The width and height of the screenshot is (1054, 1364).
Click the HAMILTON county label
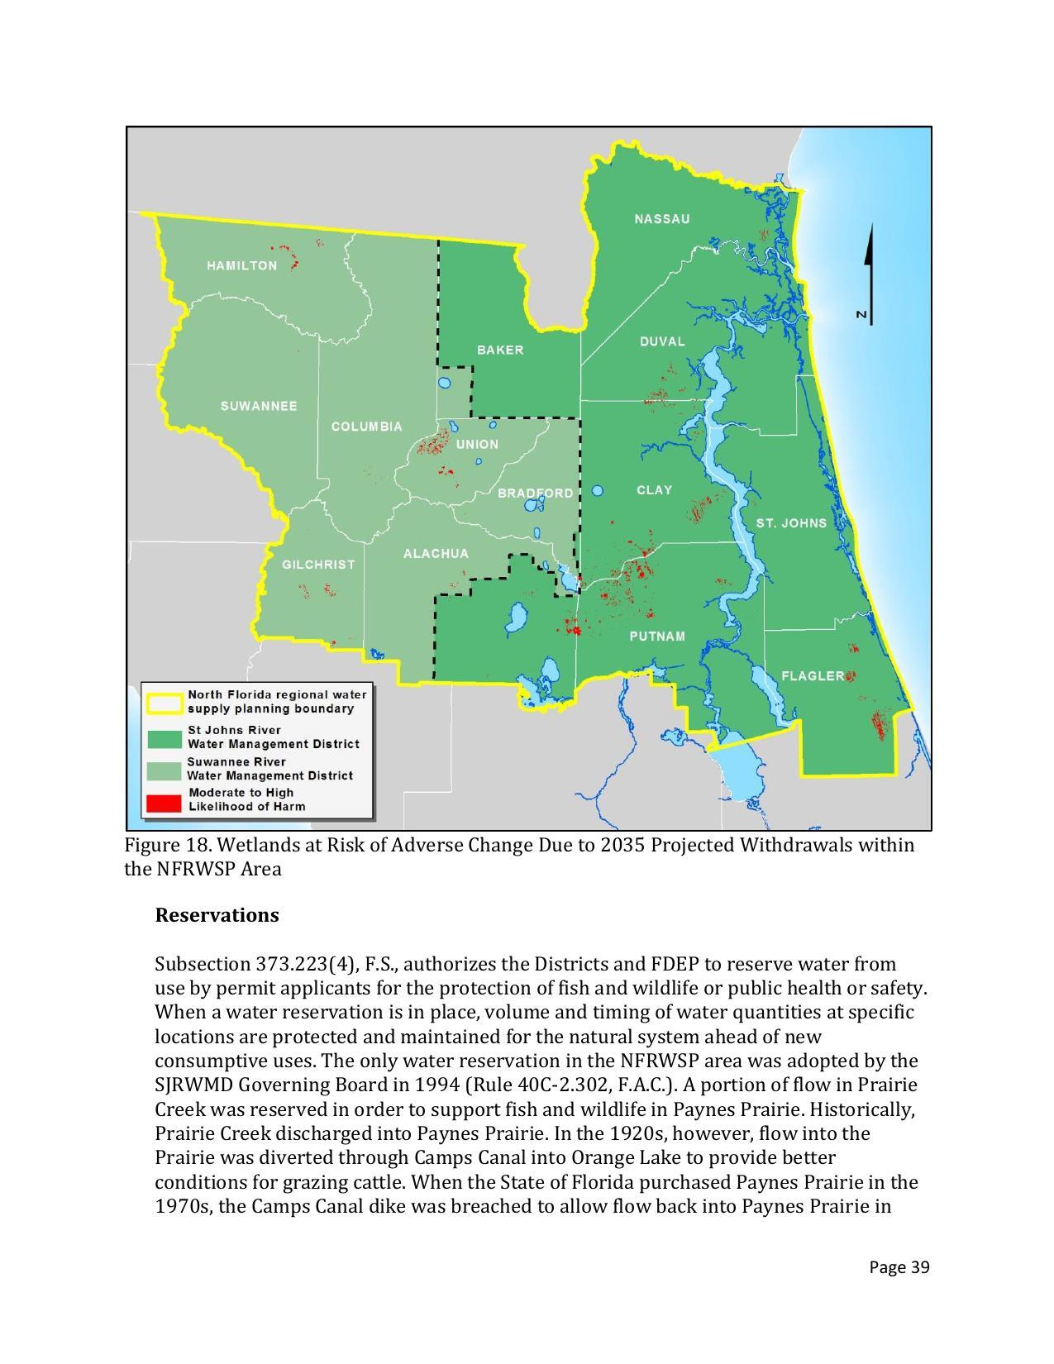click(241, 265)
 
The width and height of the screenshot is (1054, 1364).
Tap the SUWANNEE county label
click(259, 406)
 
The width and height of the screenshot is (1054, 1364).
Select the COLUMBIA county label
click(366, 427)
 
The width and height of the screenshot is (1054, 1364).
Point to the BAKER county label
click(500, 350)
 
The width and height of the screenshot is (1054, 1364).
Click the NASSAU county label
click(661, 219)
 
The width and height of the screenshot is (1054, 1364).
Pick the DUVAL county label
click(662, 341)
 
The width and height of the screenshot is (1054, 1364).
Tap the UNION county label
click(477, 445)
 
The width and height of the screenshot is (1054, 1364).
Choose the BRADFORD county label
click(535, 494)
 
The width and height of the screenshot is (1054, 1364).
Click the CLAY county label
click(654, 490)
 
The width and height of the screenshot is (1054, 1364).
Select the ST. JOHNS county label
click(791, 523)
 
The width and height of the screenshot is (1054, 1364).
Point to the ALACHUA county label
click(436, 554)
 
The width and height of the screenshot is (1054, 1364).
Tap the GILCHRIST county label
click(318, 565)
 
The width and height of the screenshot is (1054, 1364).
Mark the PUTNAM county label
click(657, 637)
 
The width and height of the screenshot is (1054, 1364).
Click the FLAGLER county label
click(813, 676)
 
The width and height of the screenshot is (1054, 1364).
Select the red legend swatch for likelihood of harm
click(164, 800)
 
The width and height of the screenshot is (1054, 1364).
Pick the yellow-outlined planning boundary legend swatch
click(164, 702)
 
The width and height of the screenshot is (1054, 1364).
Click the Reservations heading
click(217, 915)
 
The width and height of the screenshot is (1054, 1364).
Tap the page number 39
click(899, 1267)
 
